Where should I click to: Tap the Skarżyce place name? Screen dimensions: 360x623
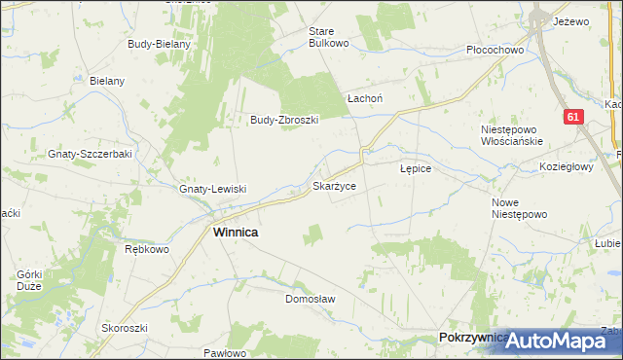pyautogui.click(x=339, y=185)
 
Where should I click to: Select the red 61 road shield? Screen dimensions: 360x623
pyautogui.click(x=574, y=117)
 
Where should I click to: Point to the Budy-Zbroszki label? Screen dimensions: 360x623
pyautogui.click(x=285, y=121)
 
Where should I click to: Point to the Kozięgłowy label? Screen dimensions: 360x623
pyautogui.click(x=567, y=166)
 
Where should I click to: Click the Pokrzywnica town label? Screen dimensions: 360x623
pyautogui.click(x=473, y=338)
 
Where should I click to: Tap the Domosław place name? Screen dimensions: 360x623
pyautogui.click(x=310, y=299)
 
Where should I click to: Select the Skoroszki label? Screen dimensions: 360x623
pyautogui.click(x=124, y=328)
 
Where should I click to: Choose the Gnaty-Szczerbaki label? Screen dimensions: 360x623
pyautogui.click(x=90, y=155)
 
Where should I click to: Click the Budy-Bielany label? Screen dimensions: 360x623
pyautogui.click(x=159, y=44)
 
